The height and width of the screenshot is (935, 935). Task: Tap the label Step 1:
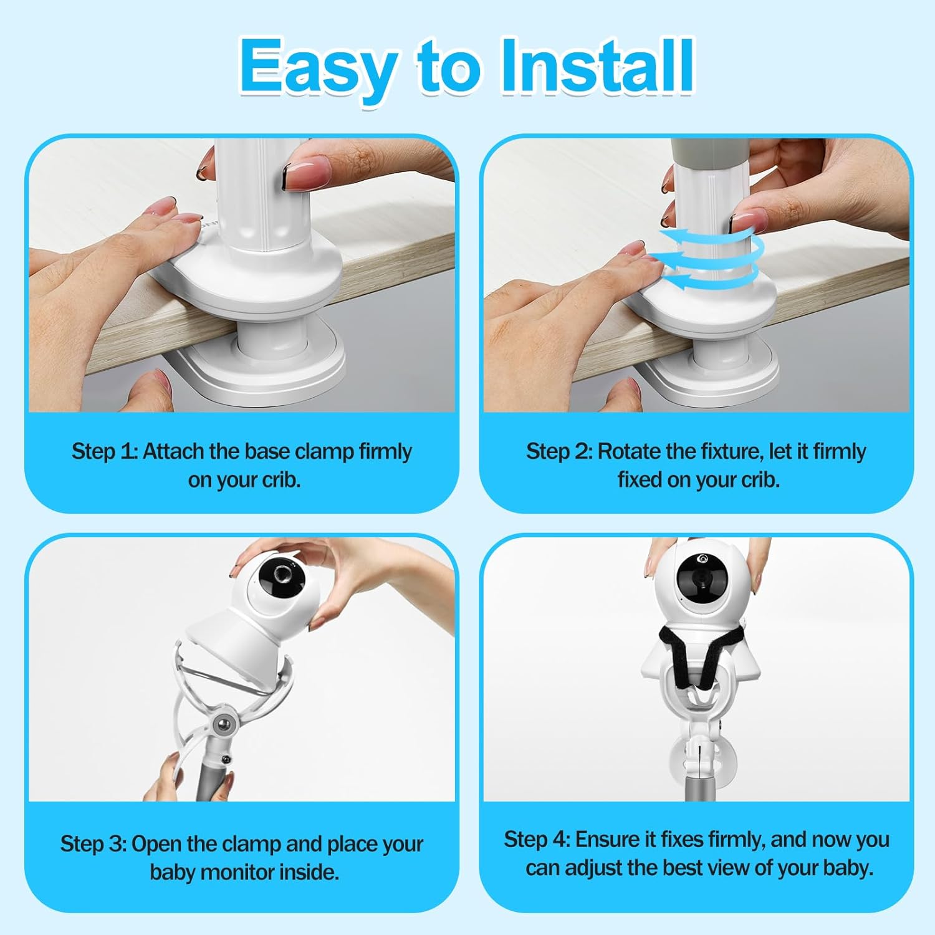coord(104,451)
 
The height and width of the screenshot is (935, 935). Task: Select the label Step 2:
coord(559,451)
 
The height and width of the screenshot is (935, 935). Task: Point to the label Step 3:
coord(93,844)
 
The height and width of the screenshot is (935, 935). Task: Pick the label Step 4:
coord(537,840)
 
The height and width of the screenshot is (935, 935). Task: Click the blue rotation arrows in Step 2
coord(711,259)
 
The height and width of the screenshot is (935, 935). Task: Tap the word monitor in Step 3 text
coord(235,872)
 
